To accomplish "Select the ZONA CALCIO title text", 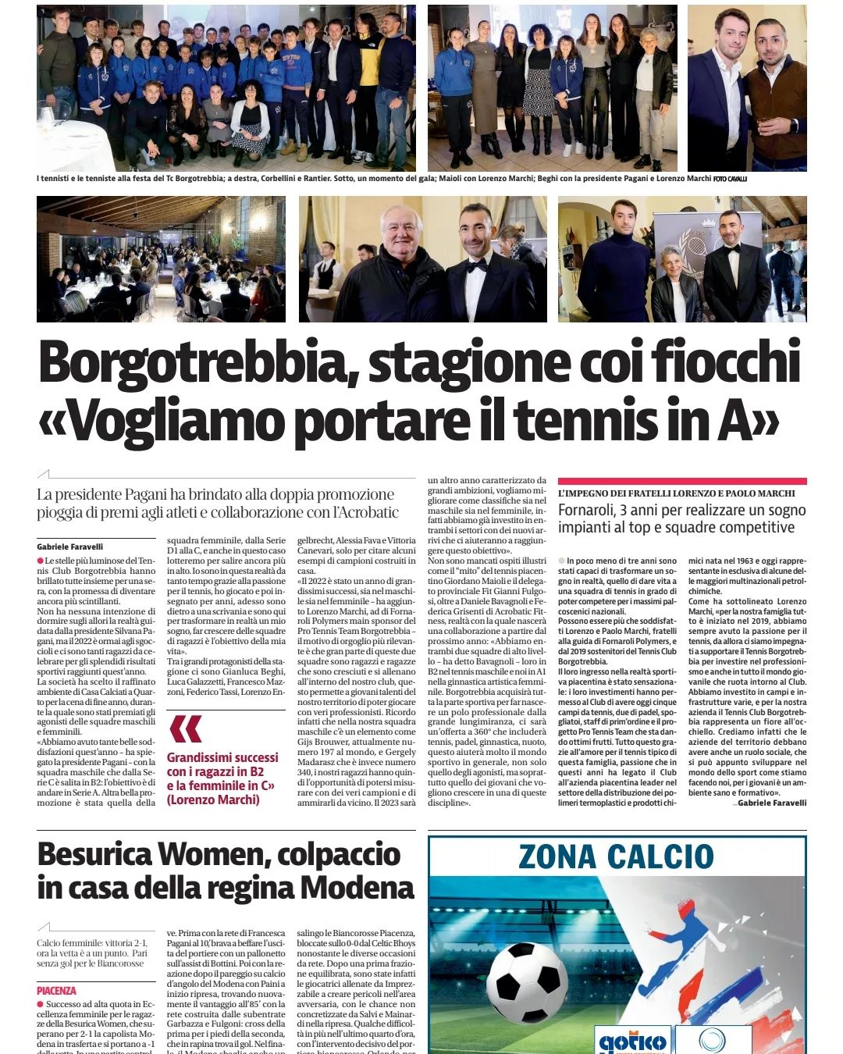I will (x=616, y=857).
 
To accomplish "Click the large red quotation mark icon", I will (x=185, y=729).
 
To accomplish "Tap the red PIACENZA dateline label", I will (x=56, y=991).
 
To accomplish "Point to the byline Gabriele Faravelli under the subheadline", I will (x=69, y=547).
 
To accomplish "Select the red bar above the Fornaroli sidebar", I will (x=682, y=481).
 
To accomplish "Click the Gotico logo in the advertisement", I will (x=631, y=1042).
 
